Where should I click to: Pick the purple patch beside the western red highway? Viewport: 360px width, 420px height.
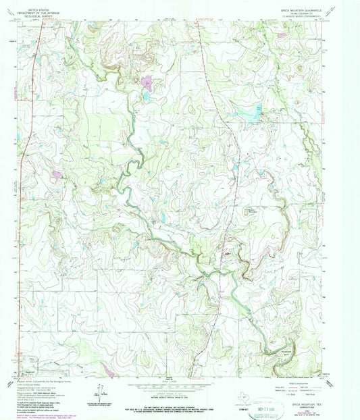(x=57, y=174)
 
